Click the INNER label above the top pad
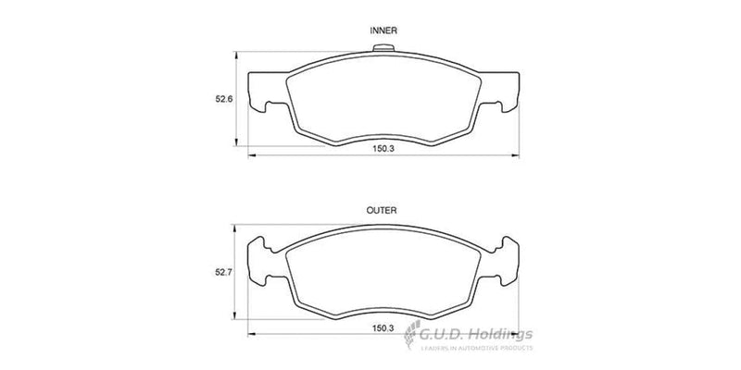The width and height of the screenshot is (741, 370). click(383, 31)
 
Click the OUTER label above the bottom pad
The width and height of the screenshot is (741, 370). click(383, 211)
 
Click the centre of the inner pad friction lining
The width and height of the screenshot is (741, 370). click(383, 102)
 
